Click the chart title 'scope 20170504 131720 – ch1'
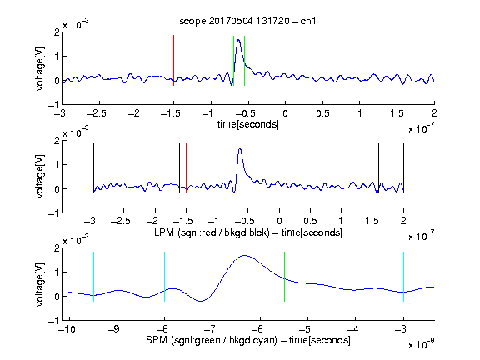(247, 21)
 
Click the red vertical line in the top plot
(173, 60)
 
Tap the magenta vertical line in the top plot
(397, 60)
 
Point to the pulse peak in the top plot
(238, 40)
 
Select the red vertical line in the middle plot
(186, 168)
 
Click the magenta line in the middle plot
(372, 168)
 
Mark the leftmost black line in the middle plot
(93, 168)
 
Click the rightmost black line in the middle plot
(403, 168)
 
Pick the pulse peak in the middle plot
(240, 148)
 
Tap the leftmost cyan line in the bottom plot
(93, 277)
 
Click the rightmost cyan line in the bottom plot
(403, 277)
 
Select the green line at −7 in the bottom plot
(212, 277)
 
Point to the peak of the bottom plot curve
(245, 255)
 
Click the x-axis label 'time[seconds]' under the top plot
(248, 124)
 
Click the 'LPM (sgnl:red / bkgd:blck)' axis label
(212, 232)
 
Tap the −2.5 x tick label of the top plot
(97, 113)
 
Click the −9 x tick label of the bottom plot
(114, 329)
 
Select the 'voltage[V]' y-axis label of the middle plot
(40, 177)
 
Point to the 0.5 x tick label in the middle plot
(310, 221)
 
